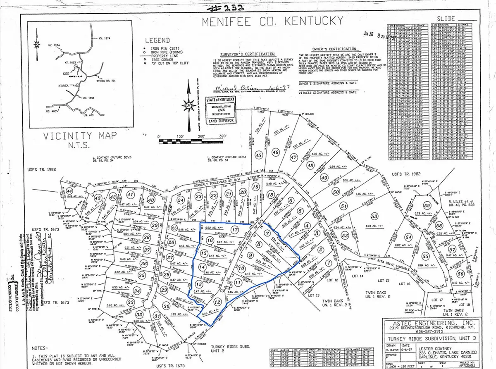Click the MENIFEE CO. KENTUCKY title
pyautogui.click(x=272, y=21)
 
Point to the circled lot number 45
pyautogui.click(x=259, y=155)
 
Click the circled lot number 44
pyautogui.click(x=69, y=192)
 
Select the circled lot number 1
pyautogui.click(x=329, y=263)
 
